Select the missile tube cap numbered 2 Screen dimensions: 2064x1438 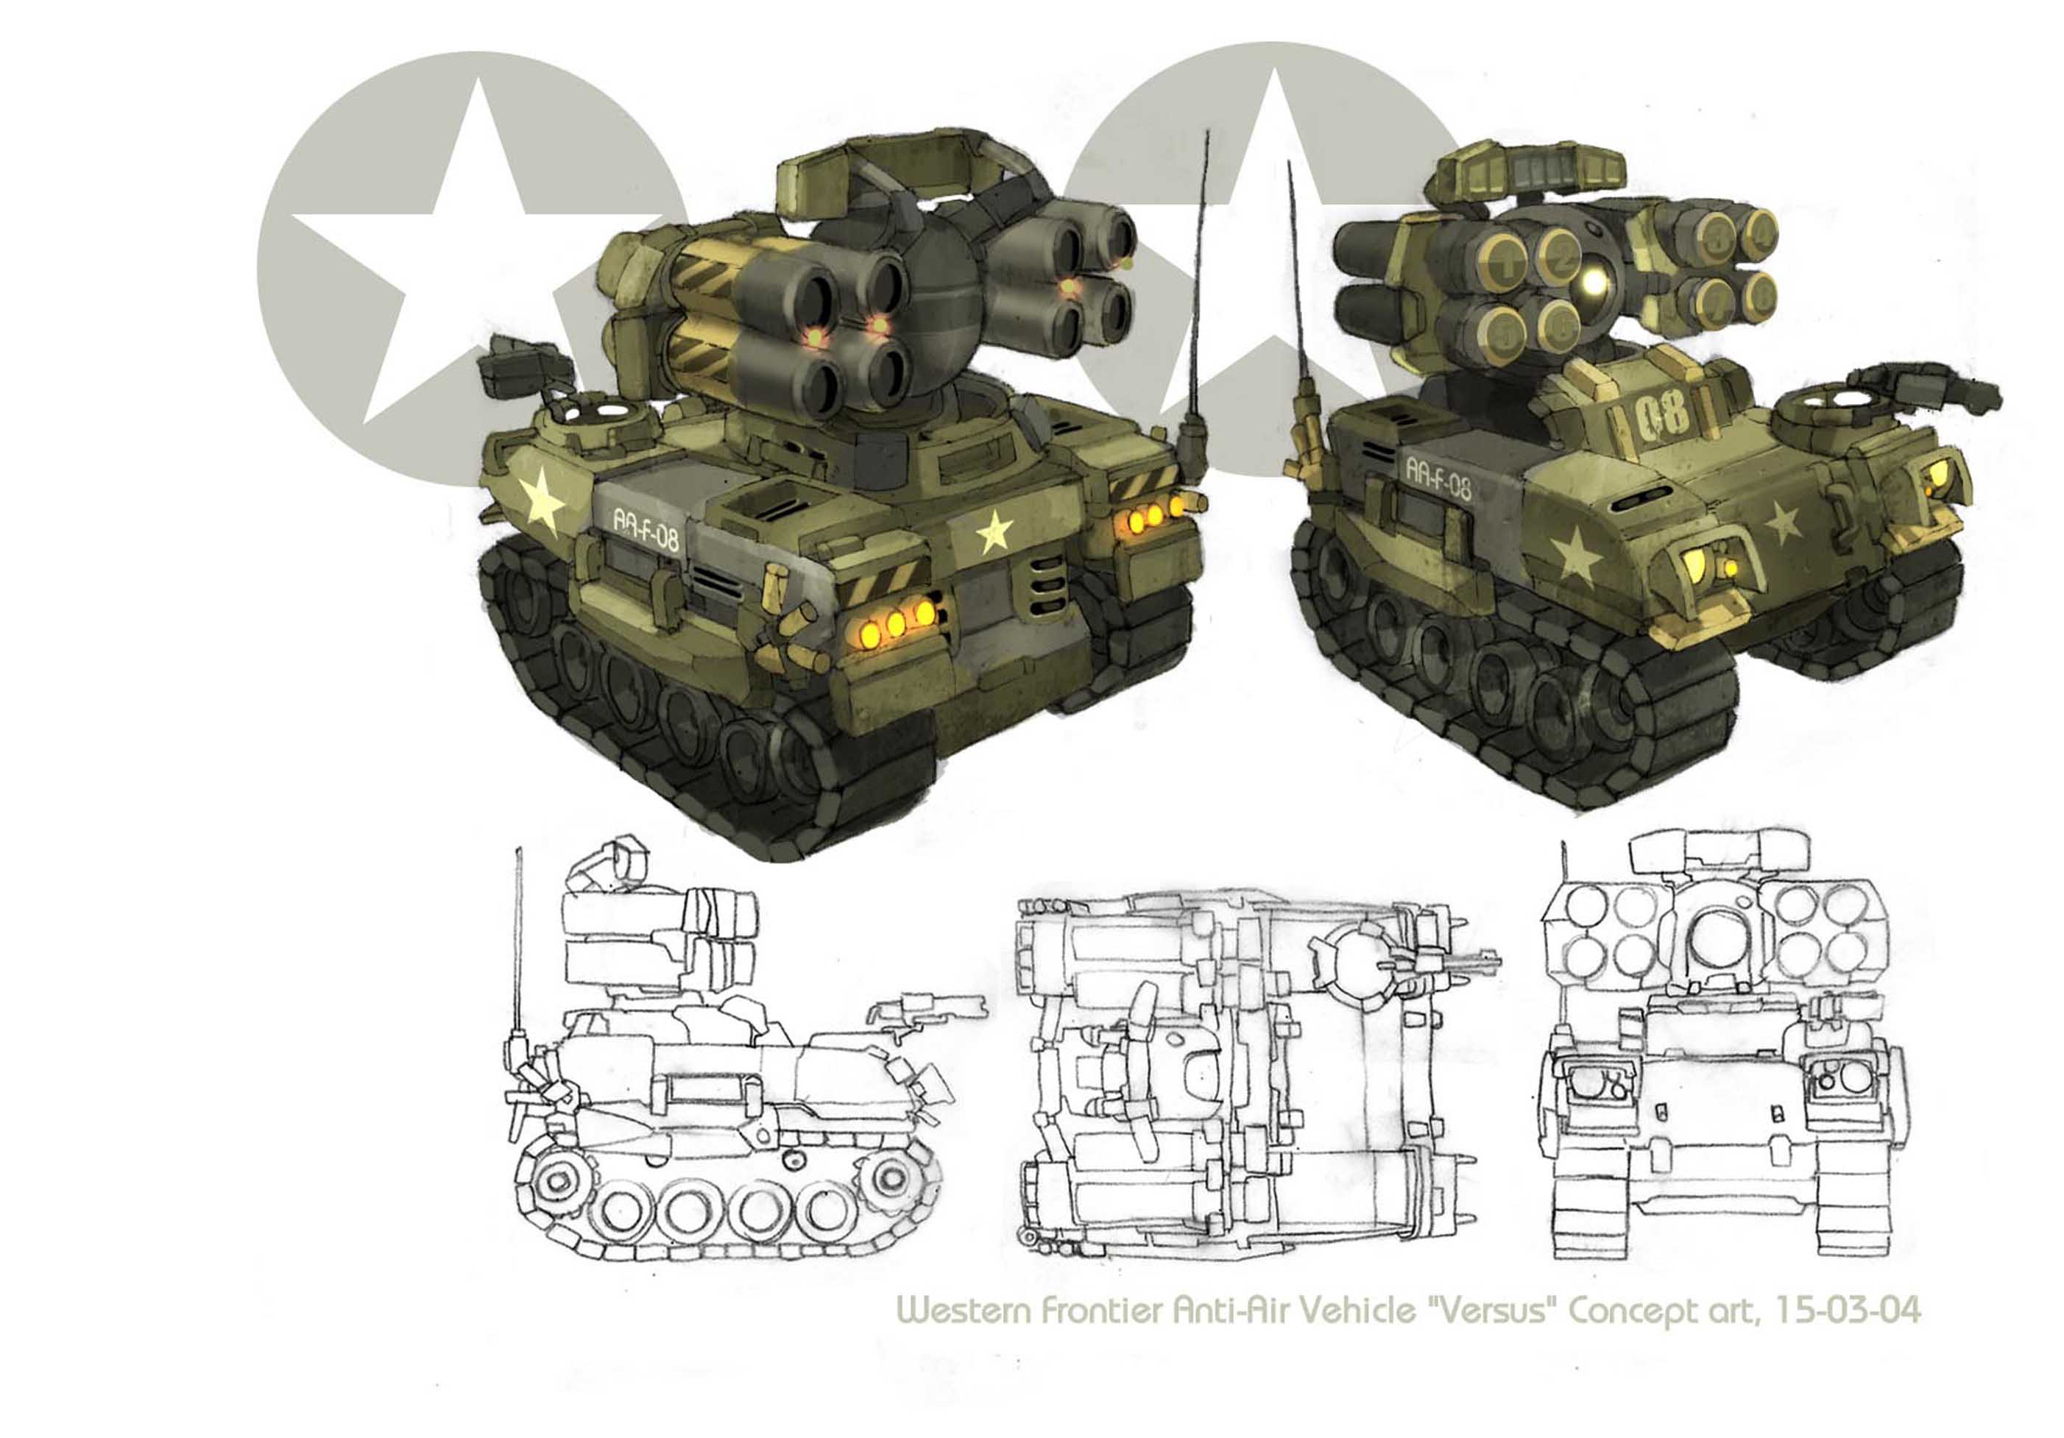coord(1564,255)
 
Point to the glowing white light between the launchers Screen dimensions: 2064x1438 coord(1594,284)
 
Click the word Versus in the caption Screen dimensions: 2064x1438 coord(1491,1311)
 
